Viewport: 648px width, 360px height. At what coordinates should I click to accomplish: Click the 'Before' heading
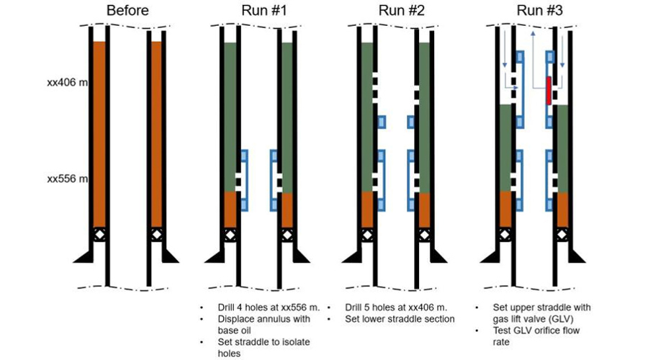click(x=128, y=11)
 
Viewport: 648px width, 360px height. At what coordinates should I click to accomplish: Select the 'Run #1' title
click(x=259, y=11)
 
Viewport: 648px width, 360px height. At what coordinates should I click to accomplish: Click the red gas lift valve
click(x=549, y=90)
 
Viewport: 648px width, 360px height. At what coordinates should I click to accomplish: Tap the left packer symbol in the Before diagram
click(x=99, y=235)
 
